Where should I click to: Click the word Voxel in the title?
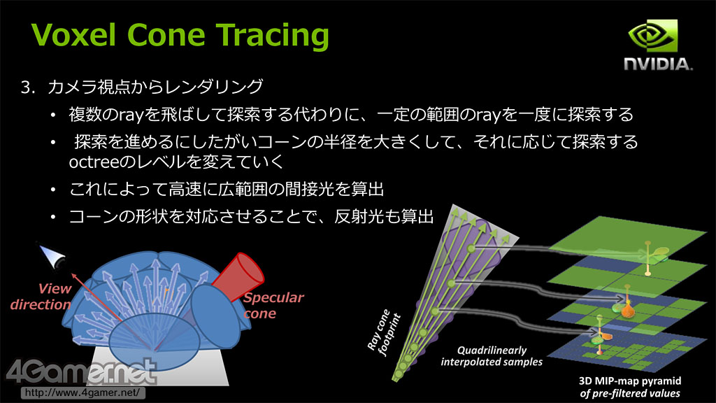pos(73,35)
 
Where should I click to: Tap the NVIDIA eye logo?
pos(652,36)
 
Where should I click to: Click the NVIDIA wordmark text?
pos(658,64)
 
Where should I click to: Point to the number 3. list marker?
pos(28,87)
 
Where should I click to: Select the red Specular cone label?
pos(273,305)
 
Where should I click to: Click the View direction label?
pos(41,297)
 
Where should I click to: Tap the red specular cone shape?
pos(238,276)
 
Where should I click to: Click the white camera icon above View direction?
pos(52,256)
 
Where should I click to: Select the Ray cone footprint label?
pos(384,332)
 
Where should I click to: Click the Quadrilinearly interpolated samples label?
pos(492,356)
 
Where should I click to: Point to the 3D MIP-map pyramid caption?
pos(630,387)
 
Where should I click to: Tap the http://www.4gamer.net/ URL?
pos(83,393)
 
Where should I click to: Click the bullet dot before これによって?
pos(53,189)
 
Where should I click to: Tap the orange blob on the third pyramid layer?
pos(629,310)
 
